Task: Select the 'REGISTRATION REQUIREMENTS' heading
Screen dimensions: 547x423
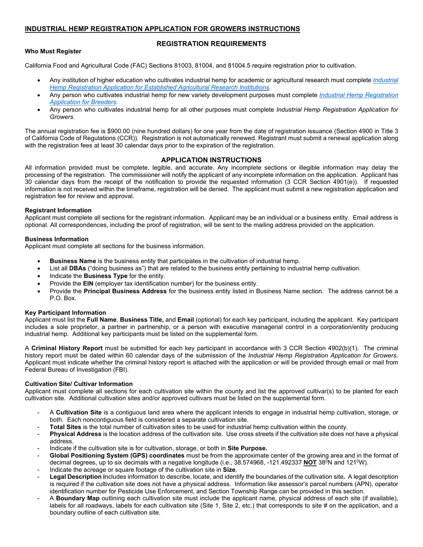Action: pos(211,44)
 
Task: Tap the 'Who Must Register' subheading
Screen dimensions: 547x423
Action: pos(53,51)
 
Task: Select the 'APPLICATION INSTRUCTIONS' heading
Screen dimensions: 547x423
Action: pos(211,160)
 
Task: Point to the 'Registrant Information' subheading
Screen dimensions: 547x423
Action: pos(58,210)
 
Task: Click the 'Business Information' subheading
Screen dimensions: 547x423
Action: pos(57,239)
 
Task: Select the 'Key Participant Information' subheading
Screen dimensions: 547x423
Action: pos(65,313)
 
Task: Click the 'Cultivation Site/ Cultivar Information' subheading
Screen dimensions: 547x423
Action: pos(78,384)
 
